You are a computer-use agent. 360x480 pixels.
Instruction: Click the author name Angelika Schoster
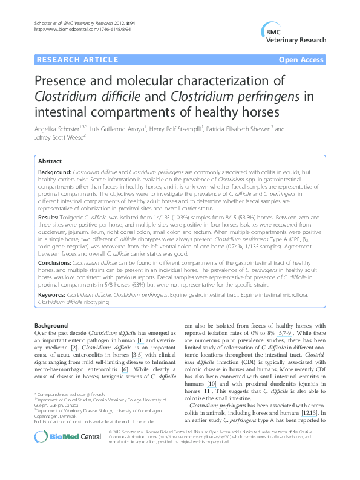(x=59, y=129)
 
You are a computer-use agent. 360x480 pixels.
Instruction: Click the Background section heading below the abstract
(x=51, y=325)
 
